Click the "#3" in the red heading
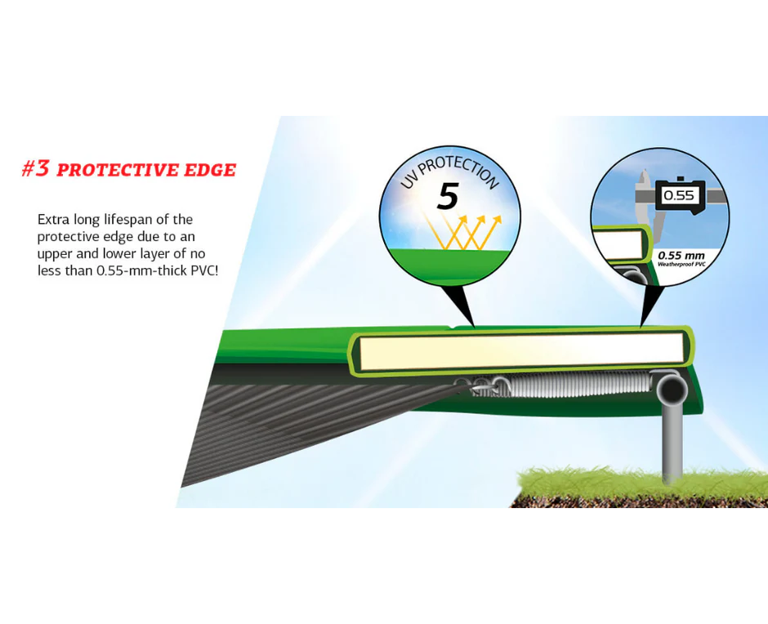pyautogui.click(x=36, y=168)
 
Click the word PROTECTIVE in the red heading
pyautogui.click(x=118, y=170)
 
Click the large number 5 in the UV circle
pyautogui.click(x=447, y=196)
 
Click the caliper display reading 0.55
pyautogui.click(x=679, y=196)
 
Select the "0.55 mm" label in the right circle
pyautogui.click(x=681, y=255)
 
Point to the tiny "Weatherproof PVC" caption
pyautogui.click(x=681, y=265)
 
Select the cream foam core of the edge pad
pyautogui.click(x=521, y=351)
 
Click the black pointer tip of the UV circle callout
pyautogui.click(x=474, y=327)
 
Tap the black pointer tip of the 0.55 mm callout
pyautogui.click(x=641, y=327)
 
